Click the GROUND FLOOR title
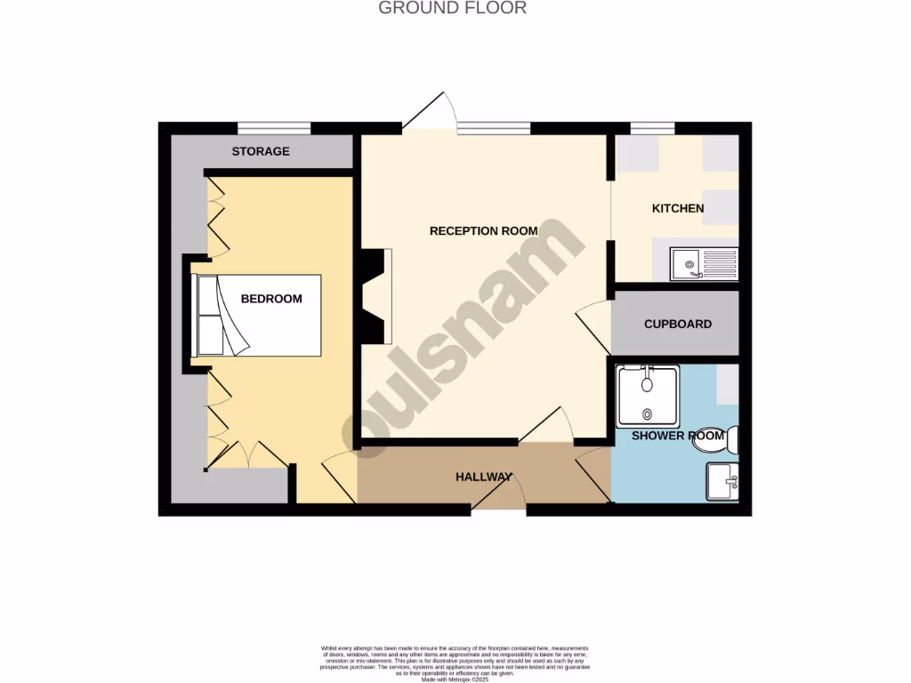pyautogui.click(x=452, y=8)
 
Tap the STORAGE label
pyautogui.click(x=261, y=151)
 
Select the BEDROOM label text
pyautogui.click(x=271, y=299)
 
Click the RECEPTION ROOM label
pyautogui.click(x=483, y=230)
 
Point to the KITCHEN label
pyautogui.click(x=678, y=208)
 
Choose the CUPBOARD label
pyautogui.click(x=677, y=324)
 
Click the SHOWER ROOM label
pyautogui.click(x=677, y=436)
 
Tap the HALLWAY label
pyautogui.click(x=483, y=477)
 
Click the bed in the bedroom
pyautogui.click(x=256, y=316)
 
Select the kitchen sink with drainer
pyautogui.click(x=705, y=263)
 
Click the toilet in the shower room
pyautogui.click(x=732, y=438)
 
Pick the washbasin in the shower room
pyautogui.click(x=722, y=483)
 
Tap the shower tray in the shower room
pyautogui.click(x=648, y=394)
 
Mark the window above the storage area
pyautogui.click(x=273, y=127)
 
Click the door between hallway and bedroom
pyautogui.click(x=338, y=475)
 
